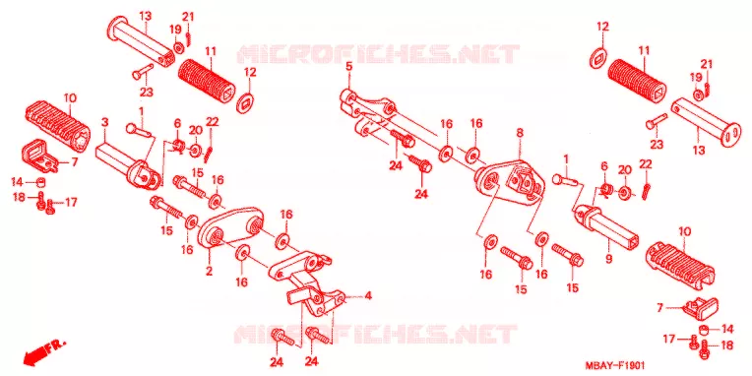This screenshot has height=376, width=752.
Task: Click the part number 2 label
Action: [209, 271]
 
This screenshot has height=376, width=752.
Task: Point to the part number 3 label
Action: [105, 122]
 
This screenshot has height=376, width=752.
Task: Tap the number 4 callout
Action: [368, 296]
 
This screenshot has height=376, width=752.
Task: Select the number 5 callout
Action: [348, 67]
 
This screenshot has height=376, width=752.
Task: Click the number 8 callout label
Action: [520, 133]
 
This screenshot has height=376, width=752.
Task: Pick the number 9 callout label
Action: [608, 260]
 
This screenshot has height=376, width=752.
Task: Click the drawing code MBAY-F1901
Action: [615, 365]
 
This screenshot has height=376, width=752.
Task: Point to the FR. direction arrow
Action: [44, 351]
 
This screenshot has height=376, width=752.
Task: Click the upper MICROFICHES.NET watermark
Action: [378, 54]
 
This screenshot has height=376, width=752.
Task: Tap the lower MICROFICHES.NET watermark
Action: [376, 334]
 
